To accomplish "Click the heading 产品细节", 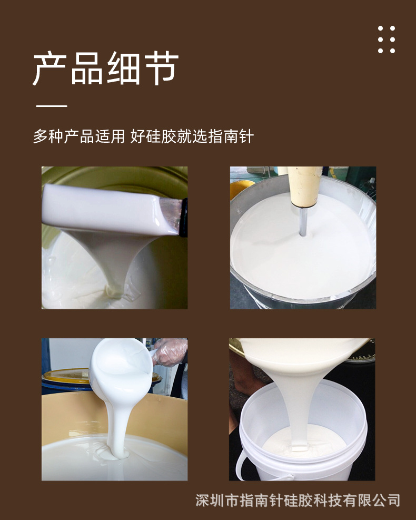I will pyautogui.click(x=105, y=69).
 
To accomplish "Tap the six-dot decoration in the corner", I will pyautogui.click(x=386, y=39).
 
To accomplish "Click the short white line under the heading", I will pyautogui.click(x=51, y=106).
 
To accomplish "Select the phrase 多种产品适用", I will pyautogui.click(x=78, y=136).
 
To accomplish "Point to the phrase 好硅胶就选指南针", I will pyautogui.click(x=192, y=136).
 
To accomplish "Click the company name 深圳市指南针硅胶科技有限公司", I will pyautogui.click(x=298, y=500).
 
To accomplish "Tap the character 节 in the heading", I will pyautogui.click(x=161, y=69).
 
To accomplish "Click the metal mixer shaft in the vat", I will pyautogui.click(x=303, y=222).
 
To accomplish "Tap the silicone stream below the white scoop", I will pyautogui.click(x=116, y=421).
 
